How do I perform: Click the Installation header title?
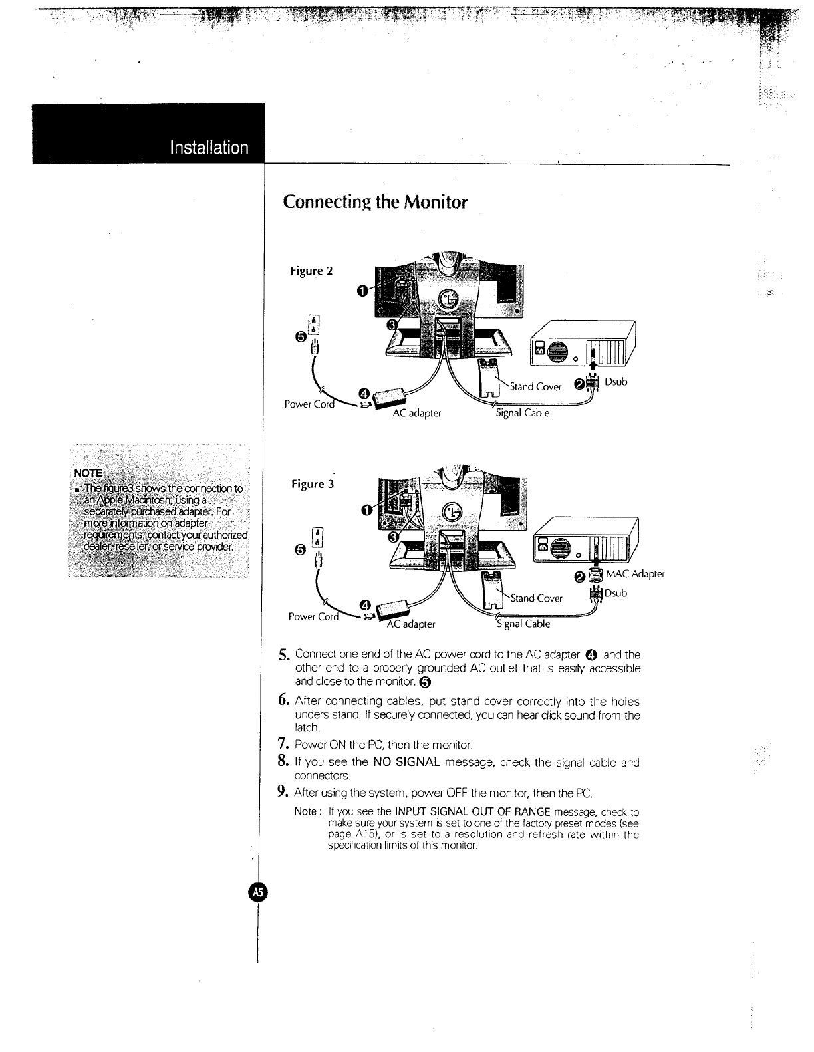209,147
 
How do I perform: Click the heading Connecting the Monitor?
375,201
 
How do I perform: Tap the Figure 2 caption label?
311,271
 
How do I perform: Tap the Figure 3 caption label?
313,484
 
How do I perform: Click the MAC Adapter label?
634,574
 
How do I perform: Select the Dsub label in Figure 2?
616,382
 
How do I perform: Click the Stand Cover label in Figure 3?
536,598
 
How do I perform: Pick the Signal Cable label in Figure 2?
523,412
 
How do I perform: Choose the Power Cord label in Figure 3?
313,616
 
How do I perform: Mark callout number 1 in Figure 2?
362,290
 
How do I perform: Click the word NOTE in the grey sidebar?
88,473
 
